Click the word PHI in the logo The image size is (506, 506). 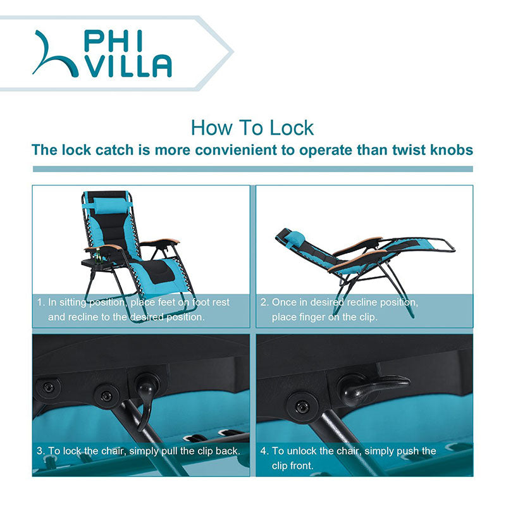[x=114, y=41]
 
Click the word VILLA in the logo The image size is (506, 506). [x=128, y=66]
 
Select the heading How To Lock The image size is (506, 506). [x=252, y=128]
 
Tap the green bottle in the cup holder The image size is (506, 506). [x=98, y=256]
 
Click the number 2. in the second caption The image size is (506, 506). [x=264, y=302]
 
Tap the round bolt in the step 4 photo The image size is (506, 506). [x=302, y=407]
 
